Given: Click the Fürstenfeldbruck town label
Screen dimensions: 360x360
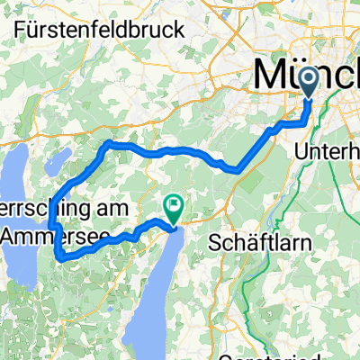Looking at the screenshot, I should pyautogui.click(x=100, y=29).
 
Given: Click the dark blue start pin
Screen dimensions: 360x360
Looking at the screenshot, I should pyautogui.click(x=310, y=84).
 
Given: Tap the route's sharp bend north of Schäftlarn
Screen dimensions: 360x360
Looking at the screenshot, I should pyautogui.click(x=236, y=166).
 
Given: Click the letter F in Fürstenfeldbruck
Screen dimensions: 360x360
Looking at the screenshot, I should pyautogui.click(x=21, y=29).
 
